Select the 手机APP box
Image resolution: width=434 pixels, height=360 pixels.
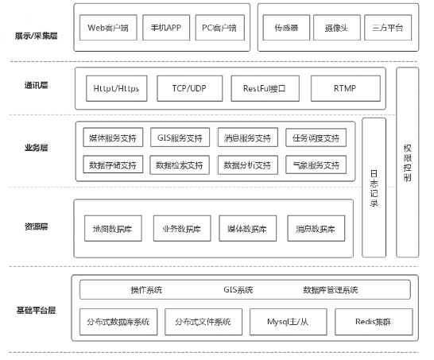pos(165,27)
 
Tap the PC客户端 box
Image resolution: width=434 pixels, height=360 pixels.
pos(220,27)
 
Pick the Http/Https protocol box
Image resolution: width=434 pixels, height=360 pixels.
pos(117,89)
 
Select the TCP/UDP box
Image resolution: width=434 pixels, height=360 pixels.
pos(188,89)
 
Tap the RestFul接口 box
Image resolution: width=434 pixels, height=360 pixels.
pos(263,89)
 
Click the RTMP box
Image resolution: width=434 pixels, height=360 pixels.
pos(339,89)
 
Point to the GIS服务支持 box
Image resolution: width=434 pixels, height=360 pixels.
pos(180,138)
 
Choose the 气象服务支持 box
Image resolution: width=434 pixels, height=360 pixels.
pos(316,165)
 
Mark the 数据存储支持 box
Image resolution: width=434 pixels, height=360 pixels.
pos(111,165)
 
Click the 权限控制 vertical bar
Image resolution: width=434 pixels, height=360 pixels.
pos(407,163)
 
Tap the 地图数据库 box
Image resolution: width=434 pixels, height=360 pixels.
pos(111,229)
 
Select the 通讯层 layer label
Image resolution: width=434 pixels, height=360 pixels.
pos(35,85)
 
